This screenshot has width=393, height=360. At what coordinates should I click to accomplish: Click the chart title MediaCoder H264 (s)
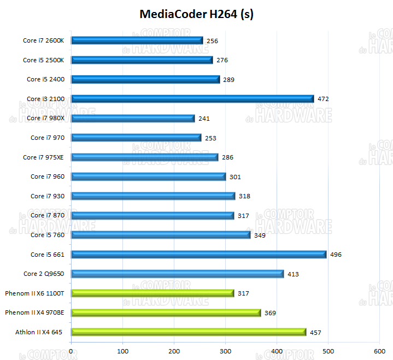[x=196, y=14]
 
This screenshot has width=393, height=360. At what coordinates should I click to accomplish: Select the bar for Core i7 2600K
[x=137, y=40]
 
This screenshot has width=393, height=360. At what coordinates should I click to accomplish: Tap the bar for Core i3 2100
[x=192, y=99]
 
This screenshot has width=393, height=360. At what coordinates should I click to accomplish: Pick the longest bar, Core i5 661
[x=198, y=255]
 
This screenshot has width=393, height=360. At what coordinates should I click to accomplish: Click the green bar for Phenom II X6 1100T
[x=152, y=293]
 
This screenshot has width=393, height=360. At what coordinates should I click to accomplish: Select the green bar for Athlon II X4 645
[x=189, y=332]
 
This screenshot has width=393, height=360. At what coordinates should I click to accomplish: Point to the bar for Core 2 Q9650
[x=177, y=274]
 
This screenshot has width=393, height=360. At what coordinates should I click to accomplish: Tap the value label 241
[x=204, y=119]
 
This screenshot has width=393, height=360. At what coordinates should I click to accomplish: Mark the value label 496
[x=336, y=255]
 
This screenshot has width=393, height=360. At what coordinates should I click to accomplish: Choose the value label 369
[x=270, y=313]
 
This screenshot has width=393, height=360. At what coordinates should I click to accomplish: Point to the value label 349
[x=260, y=235]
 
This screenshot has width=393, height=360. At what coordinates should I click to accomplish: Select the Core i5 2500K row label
[x=44, y=60]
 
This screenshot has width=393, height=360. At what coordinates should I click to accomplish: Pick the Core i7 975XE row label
[x=44, y=157]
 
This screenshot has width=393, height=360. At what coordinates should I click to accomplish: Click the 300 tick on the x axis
[x=225, y=351]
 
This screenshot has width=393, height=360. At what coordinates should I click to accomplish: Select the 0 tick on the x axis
[x=72, y=351]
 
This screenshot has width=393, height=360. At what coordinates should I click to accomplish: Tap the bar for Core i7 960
[x=148, y=176]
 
